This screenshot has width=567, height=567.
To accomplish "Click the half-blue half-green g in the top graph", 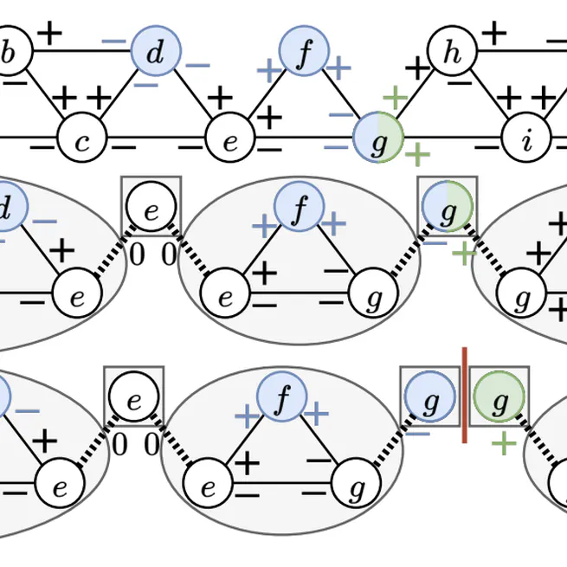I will pos(379,139).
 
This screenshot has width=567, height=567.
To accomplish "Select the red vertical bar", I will pos(465,396).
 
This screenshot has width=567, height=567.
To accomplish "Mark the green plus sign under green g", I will pos(504,444).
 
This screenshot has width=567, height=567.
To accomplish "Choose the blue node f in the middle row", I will pos(299,208).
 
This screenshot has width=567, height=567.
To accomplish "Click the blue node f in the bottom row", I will pos(282,399).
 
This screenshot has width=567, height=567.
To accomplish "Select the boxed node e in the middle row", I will pos(151,208).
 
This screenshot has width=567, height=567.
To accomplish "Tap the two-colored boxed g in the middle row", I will pos(448,208).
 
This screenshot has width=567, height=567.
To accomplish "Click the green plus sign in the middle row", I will pos(464,253).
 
